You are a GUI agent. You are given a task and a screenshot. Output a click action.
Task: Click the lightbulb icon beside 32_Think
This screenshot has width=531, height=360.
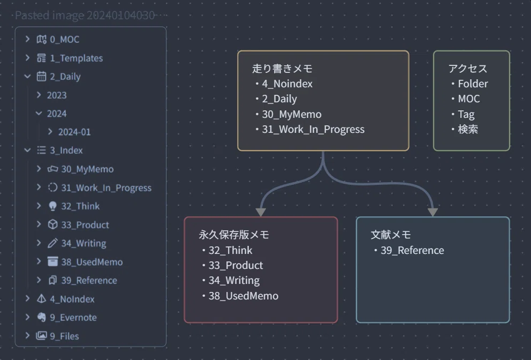(53, 206)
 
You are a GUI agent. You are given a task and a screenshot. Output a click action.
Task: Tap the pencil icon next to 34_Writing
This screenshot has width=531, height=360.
(52, 243)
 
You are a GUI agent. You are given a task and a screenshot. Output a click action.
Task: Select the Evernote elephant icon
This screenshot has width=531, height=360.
(41, 317)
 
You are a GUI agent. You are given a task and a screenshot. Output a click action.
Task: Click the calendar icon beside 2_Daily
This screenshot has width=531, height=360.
(41, 76)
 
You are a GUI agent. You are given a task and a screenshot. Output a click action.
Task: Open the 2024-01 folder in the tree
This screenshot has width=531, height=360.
(74, 132)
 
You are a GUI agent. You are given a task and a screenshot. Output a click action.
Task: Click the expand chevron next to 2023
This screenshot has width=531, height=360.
(39, 95)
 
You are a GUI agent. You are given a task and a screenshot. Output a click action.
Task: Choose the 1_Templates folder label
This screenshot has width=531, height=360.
(76, 58)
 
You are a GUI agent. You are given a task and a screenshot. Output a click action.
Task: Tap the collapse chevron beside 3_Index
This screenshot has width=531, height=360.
(27, 150)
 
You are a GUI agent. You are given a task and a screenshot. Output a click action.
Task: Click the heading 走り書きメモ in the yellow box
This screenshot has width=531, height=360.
(282, 69)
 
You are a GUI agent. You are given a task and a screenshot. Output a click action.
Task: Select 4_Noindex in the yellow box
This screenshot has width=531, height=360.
(287, 84)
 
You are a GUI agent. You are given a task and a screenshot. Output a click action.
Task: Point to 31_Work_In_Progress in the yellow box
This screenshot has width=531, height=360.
(313, 130)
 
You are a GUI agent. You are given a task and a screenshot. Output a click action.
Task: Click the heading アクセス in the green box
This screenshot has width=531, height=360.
(468, 69)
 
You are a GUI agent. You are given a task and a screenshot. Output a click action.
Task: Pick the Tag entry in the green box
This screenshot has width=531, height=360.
(466, 114)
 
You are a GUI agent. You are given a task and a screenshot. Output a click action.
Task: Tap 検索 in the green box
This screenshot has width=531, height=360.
(468, 130)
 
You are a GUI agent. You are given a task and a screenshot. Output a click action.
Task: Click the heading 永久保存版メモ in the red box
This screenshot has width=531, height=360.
(234, 235)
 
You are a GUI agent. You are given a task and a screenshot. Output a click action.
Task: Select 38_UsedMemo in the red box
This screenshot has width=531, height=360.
(244, 296)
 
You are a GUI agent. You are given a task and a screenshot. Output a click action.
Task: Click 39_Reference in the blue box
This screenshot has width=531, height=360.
(412, 251)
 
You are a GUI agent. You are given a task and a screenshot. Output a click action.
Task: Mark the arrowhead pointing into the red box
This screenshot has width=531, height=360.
(261, 212)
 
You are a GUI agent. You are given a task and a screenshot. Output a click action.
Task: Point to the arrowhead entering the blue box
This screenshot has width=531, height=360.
(433, 212)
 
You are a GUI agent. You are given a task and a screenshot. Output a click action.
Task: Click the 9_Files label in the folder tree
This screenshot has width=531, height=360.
(64, 336)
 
